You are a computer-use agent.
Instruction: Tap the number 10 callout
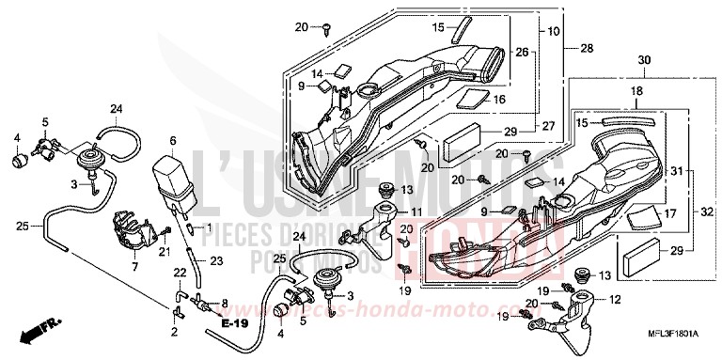point(554,31)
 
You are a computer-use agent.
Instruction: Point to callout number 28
point(586,48)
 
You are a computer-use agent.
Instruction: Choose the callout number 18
point(636,92)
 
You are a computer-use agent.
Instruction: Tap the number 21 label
point(164,251)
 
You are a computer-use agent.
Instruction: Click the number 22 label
point(178,272)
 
